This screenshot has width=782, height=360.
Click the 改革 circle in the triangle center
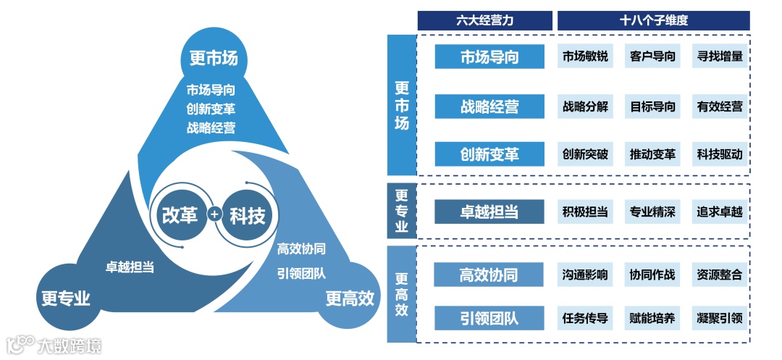(179, 214)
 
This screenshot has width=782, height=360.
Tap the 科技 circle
(247, 215)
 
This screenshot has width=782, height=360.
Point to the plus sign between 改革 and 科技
(214, 215)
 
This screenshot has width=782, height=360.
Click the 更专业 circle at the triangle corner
(66, 297)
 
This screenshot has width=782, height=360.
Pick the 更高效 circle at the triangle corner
(350, 297)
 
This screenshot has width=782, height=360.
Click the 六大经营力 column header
(485, 21)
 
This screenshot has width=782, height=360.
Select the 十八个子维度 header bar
(653, 21)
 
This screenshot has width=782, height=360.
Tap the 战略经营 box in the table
(489, 106)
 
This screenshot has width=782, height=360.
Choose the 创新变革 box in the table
(489, 154)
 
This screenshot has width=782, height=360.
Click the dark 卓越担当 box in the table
(489, 212)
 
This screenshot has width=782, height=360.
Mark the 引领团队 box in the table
(489, 318)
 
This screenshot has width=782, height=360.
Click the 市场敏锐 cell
(585, 56)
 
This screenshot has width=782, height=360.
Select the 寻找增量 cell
(720, 56)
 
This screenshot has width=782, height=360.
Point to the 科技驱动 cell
(720, 154)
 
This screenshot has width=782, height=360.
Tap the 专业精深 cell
(652, 212)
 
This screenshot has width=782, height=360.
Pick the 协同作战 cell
(652, 275)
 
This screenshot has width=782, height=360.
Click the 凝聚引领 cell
(720, 318)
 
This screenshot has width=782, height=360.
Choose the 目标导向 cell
(652, 106)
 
